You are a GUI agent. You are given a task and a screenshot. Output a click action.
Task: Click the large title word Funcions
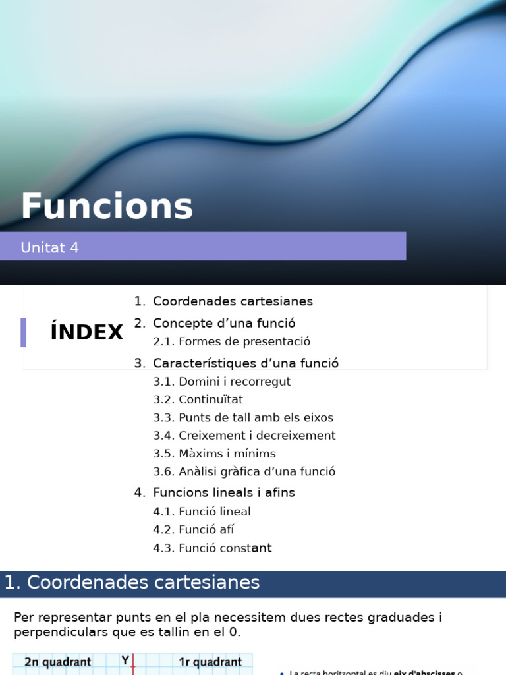[x=107, y=206]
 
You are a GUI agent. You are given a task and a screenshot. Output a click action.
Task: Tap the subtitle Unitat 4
[x=49, y=248]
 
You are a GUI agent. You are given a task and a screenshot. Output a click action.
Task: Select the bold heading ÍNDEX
[x=86, y=333]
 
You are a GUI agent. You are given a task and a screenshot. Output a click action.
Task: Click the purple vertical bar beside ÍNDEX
[x=24, y=332]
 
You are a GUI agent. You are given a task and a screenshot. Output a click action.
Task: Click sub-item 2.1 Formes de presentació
[x=231, y=341]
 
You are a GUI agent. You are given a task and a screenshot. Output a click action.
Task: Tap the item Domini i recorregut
[x=221, y=382]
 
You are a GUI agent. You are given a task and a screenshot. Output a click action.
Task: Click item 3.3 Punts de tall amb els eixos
[x=243, y=417]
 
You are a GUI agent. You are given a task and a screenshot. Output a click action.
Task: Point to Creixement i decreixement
[x=244, y=436]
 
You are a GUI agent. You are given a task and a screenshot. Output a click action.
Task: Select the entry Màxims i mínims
[x=214, y=454]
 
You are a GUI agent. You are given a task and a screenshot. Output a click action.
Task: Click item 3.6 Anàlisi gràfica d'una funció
[x=244, y=471]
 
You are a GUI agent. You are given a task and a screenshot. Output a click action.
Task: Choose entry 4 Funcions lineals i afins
[x=224, y=492]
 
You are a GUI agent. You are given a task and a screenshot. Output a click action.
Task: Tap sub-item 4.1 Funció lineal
[x=202, y=512]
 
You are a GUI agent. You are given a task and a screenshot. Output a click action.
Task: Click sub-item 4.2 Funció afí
[x=193, y=529]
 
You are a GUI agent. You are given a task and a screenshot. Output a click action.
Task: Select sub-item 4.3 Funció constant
[x=212, y=548]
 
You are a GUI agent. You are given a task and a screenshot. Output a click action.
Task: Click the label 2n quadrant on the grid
[x=58, y=662]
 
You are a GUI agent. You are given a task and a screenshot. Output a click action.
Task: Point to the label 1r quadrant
[x=210, y=662]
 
